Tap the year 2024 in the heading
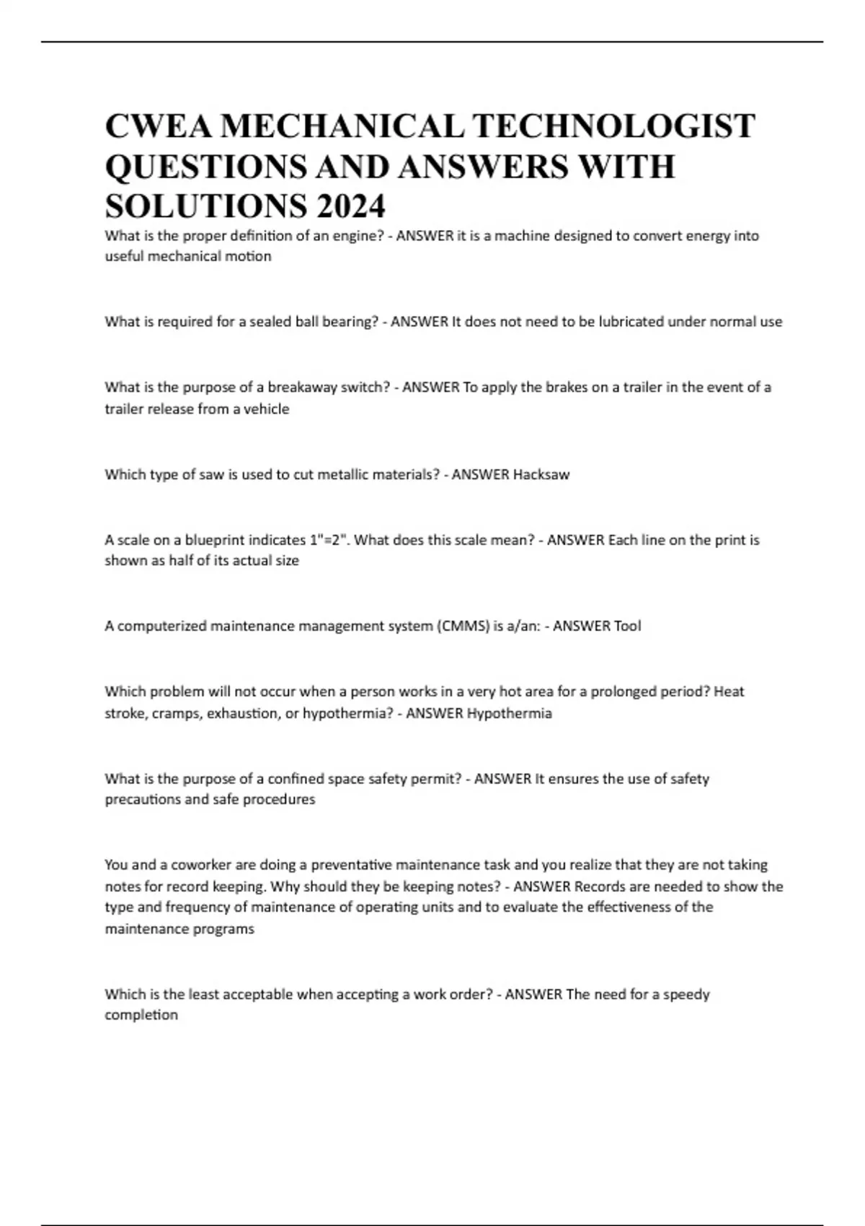pos(349,207)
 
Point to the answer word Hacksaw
pos(541,475)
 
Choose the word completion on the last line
pos(141,1015)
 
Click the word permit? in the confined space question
pos(439,778)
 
